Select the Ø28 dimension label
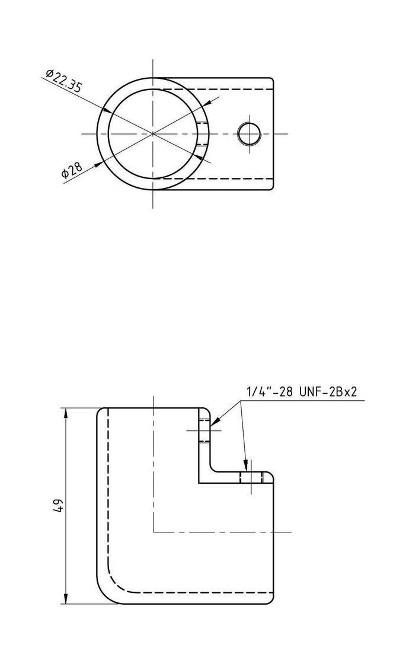tap(71, 171)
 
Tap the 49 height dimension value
tap(57, 506)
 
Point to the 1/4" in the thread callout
tap(258, 392)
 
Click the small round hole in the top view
tap(249, 133)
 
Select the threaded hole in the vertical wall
tap(205, 430)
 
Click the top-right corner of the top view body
tap(271, 79)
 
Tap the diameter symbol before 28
tap(65, 175)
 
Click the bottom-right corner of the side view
tap(274, 604)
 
